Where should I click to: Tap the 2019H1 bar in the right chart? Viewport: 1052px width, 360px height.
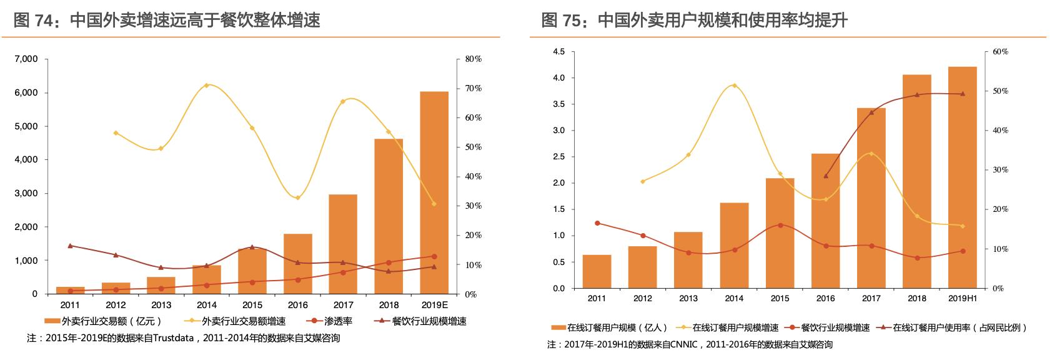coord(962,177)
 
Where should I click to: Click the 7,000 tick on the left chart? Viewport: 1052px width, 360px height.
coord(26,59)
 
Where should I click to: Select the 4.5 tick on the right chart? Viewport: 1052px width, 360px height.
coord(558,52)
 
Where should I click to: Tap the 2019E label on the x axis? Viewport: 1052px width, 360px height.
coord(434,305)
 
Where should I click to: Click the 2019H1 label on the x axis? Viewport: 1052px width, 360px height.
coord(962,298)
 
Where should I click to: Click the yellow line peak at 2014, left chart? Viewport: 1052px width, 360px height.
coord(207,85)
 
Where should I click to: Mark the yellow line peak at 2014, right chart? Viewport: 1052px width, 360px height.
coord(734,85)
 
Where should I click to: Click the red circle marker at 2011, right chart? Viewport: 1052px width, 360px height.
coord(597,223)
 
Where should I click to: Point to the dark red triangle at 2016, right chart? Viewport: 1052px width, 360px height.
coord(826,176)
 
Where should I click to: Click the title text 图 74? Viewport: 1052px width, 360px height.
coord(31,21)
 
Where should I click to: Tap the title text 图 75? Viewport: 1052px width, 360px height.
coord(558,21)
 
